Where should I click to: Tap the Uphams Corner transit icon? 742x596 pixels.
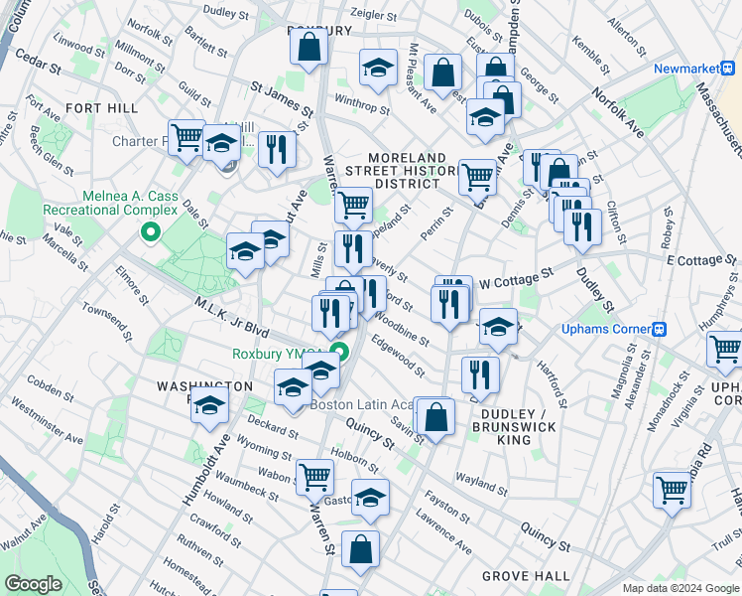click(658, 330)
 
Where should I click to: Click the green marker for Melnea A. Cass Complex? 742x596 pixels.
click(151, 234)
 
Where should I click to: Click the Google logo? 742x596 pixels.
click(34, 584)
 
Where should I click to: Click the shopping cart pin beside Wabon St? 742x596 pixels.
click(314, 476)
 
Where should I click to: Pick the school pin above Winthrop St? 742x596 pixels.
click(377, 68)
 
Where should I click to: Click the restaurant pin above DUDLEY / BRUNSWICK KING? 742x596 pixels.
click(480, 374)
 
